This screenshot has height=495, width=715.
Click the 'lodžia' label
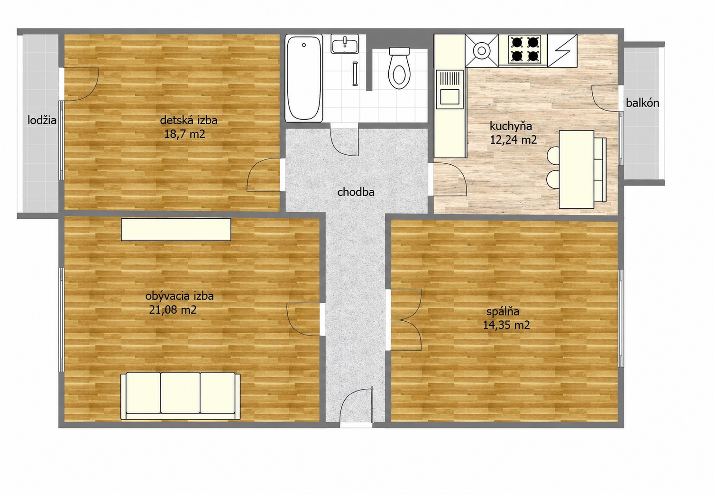42,120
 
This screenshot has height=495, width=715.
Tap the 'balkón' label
642,103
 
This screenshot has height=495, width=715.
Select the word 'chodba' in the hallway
356,192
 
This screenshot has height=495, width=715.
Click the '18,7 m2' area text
184,134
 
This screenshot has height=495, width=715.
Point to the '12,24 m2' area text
513,140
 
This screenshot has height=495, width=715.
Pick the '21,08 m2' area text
173,309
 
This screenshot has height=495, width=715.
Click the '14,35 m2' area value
506,325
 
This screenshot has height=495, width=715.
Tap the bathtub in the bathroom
303,78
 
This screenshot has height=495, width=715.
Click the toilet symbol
399,68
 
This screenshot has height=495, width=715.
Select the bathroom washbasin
345,44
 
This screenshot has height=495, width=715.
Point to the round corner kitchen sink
482,51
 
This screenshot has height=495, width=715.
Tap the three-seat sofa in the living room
181,396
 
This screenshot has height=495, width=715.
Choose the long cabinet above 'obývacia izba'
176,229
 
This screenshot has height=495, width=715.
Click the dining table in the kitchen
577,169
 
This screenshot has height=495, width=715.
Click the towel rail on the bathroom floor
355,74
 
